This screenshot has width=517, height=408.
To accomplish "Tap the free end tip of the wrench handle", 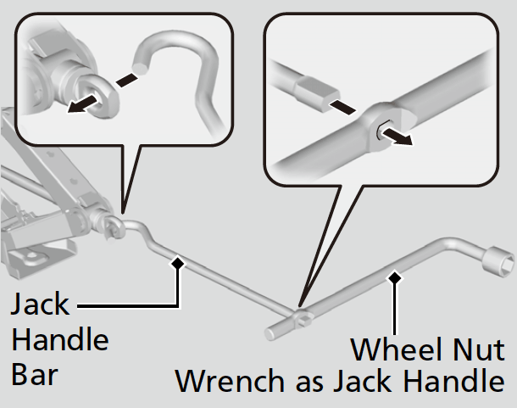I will [269, 333].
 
